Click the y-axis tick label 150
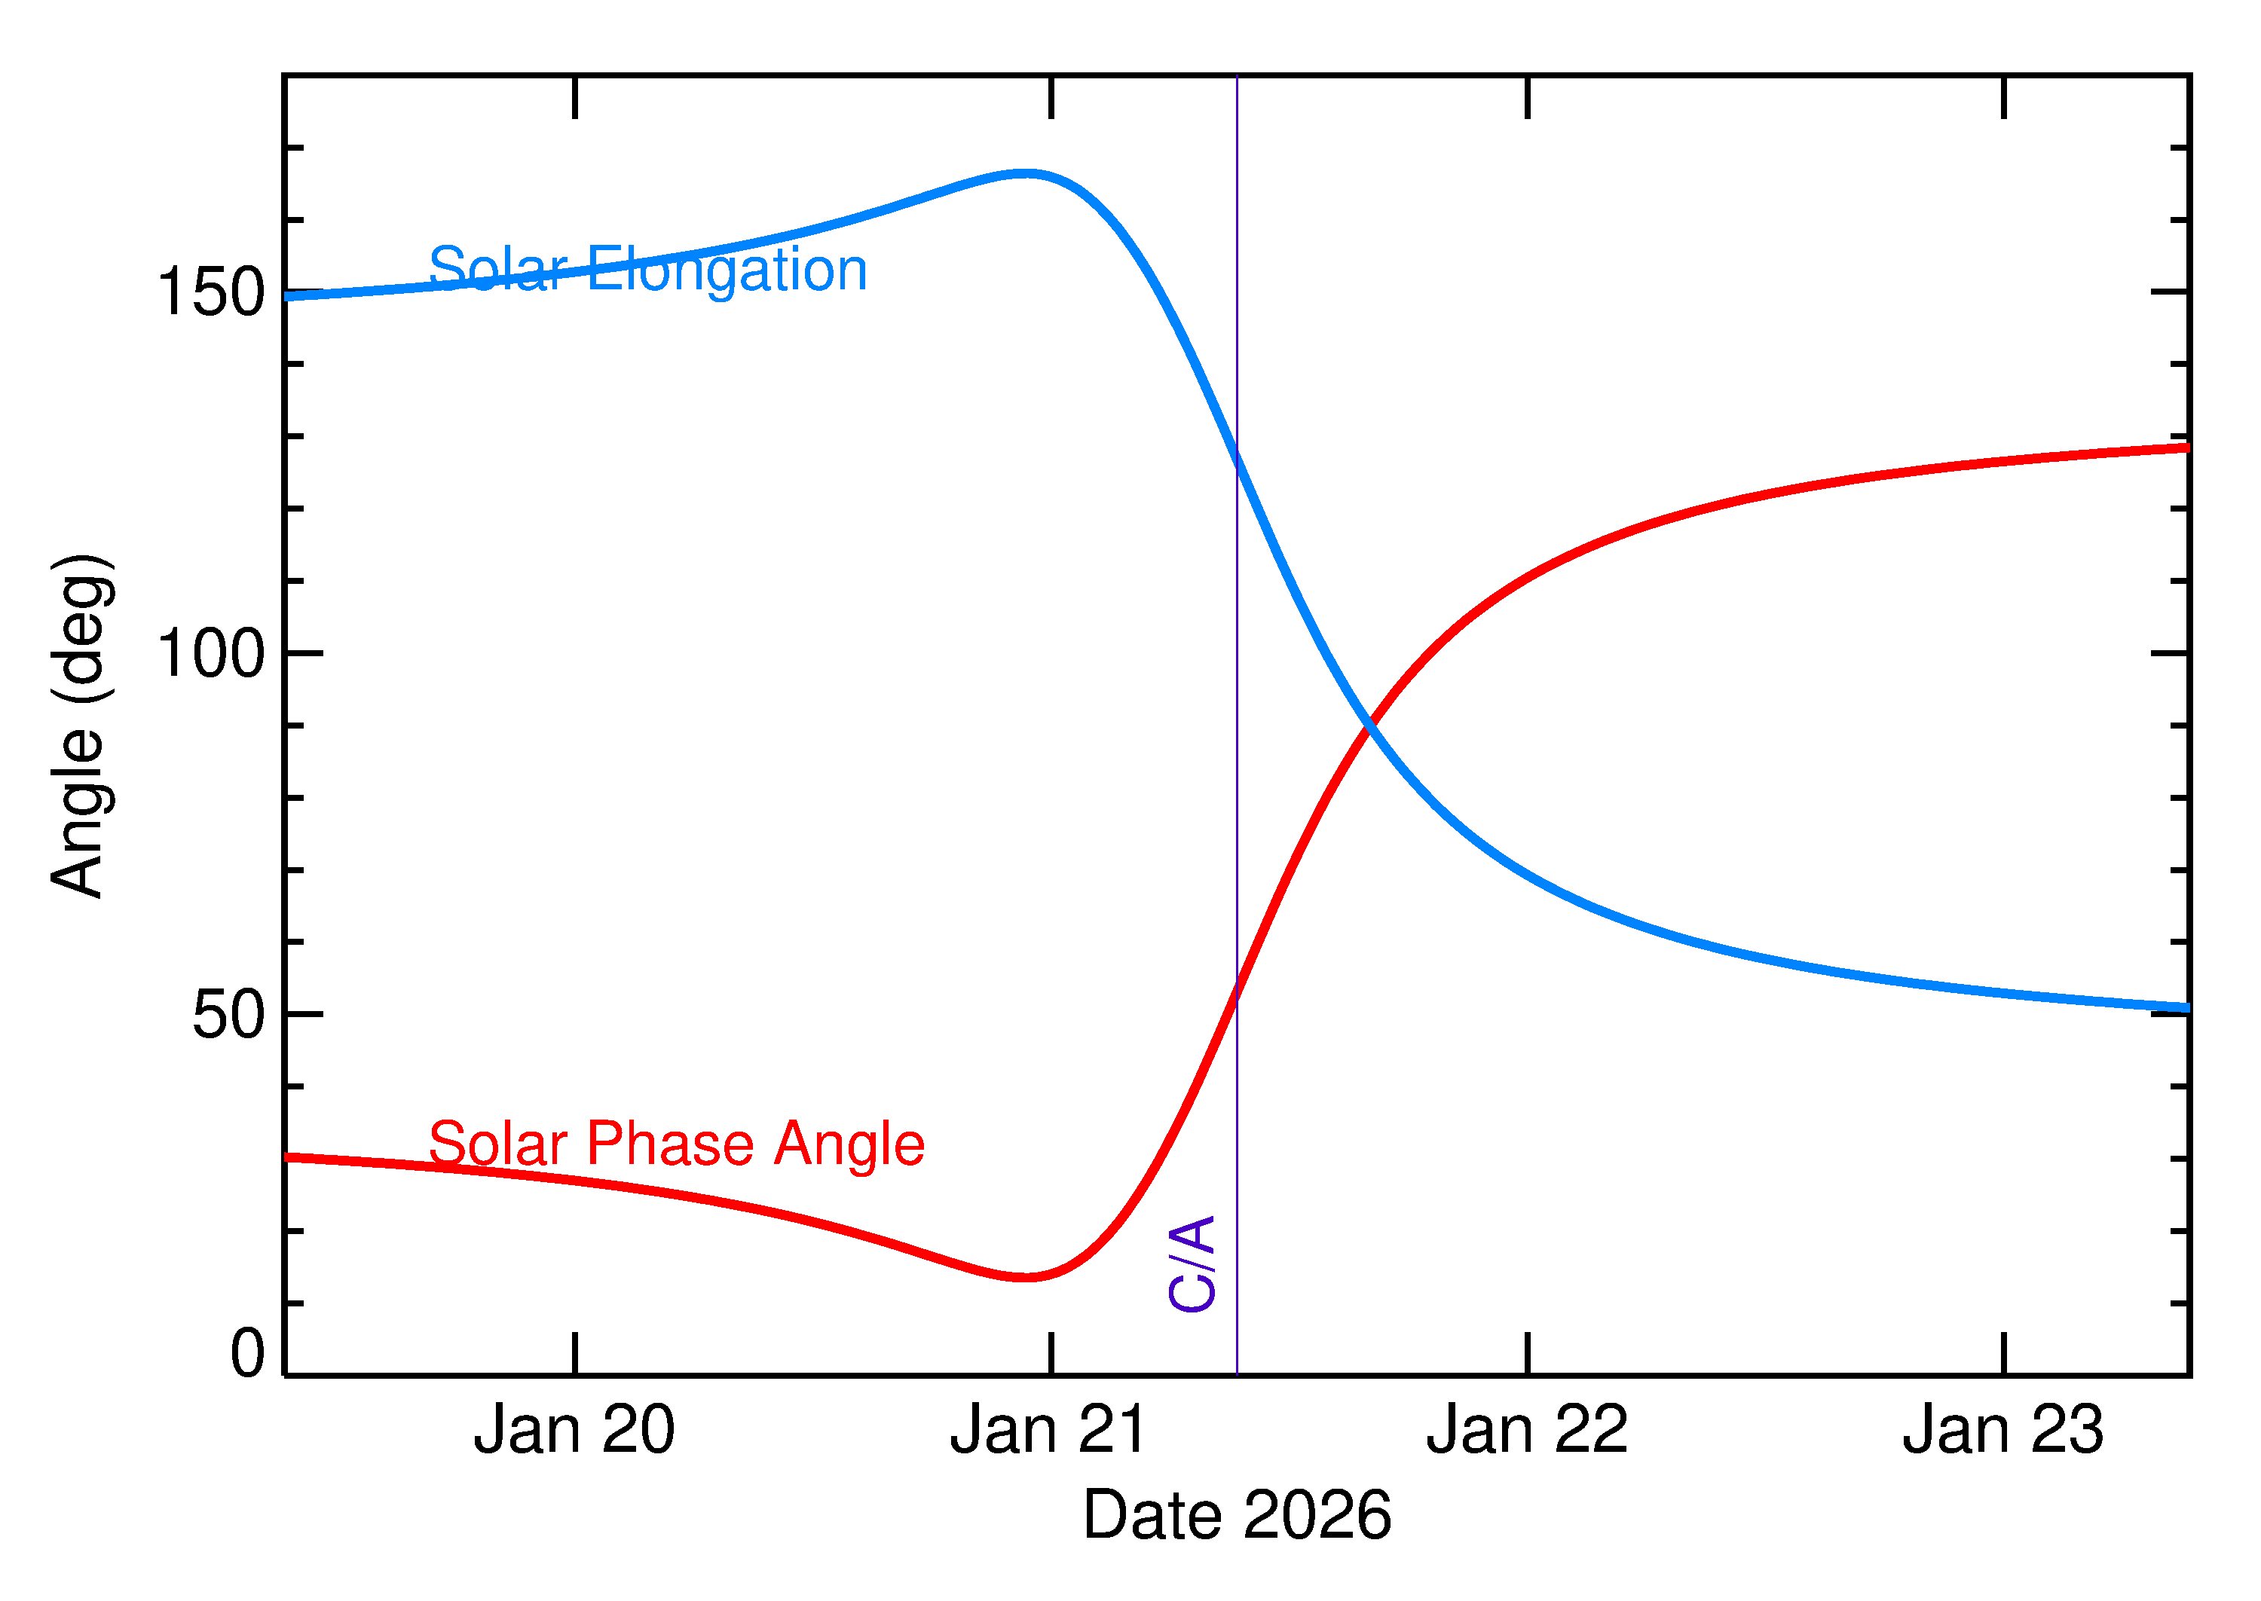click(211, 293)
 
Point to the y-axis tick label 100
click(211, 654)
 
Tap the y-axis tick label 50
click(229, 1016)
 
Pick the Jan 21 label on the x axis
click(1049, 1431)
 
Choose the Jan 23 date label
click(2002, 1431)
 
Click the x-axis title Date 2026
click(1237, 1515)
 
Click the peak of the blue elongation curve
click(1026, 173)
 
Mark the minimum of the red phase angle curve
click(1026, 1278)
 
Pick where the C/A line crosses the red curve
click(1237, 996)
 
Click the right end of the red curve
click(2187, 448)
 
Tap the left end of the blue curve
click(288, 296)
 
